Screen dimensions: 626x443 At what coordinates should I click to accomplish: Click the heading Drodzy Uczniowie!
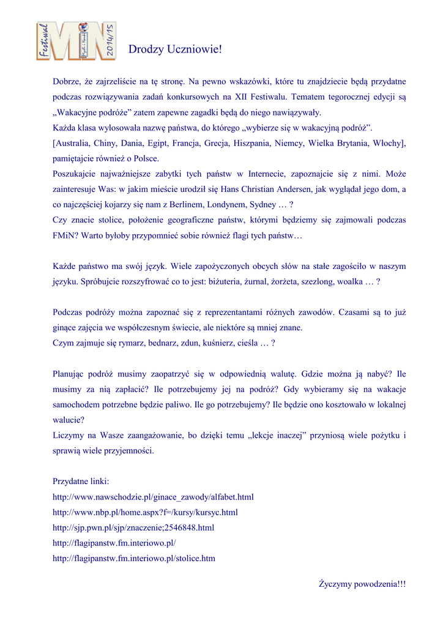pos(175,50)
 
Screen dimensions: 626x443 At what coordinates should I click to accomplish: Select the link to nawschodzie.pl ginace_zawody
pos(153,497)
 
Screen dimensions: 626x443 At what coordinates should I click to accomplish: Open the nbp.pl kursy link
pos(145,512)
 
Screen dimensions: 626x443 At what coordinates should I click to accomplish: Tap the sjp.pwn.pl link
pos(133,528)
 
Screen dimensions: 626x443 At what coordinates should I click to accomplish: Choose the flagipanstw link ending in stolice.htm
pos(134,558)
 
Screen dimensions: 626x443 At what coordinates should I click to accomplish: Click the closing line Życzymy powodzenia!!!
pos(362,584)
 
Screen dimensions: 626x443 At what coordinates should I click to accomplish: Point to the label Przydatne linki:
pos(81,482)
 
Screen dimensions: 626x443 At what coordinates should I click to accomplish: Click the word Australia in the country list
pos(73,143)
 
